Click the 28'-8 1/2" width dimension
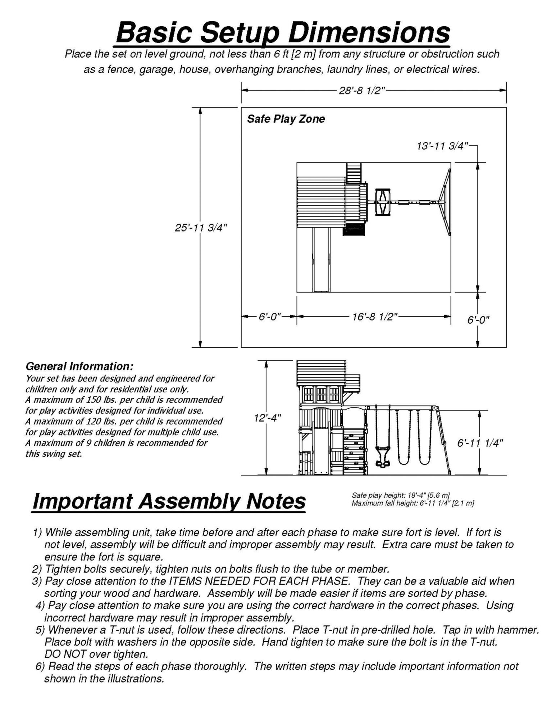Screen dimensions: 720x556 [362, 91]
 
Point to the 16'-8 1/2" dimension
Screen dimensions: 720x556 [375, 317]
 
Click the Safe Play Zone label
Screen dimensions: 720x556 [286, 119]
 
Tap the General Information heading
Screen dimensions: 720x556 [79, 366]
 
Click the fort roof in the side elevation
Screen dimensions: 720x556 [321, 373]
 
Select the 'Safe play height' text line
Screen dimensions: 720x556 [401, 495]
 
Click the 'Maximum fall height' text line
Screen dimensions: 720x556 [413, 503]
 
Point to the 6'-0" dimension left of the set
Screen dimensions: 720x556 [269, 317]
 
